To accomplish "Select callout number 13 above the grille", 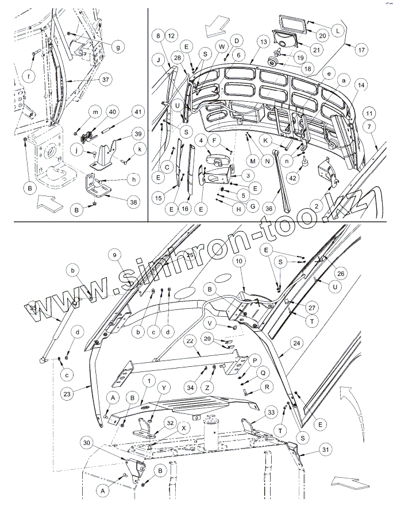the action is [x=263, y=42].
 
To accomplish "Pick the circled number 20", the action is [x=322, y=36].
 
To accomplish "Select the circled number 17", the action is [x=361, y=49].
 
